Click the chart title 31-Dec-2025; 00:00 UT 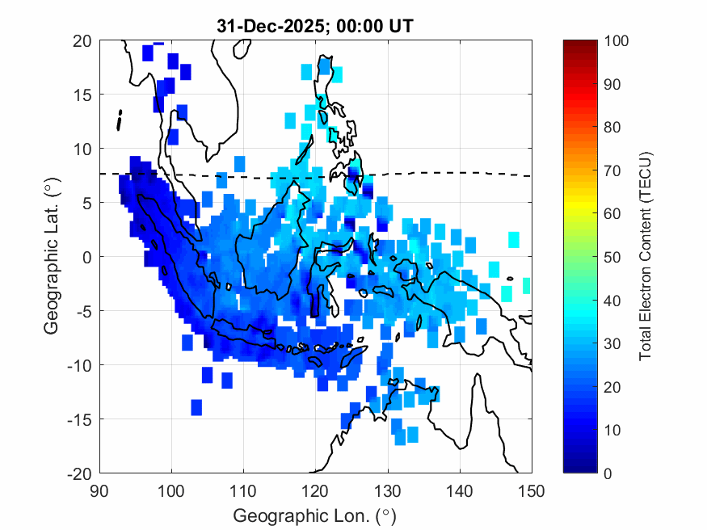(315, 26)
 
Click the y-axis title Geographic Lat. (52, 257)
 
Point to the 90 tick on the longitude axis (99, 490)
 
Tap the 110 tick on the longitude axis (243, 490)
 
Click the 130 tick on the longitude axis (388, 490)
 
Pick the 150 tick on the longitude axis (532, 490)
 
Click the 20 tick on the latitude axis (82, 40)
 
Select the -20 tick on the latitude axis (79, 473)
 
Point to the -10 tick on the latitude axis (79, 364)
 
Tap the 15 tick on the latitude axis (82, 95)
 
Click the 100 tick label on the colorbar (616, 40)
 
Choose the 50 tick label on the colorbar (612, 257)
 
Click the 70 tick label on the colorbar (612, 170)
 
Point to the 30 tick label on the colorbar (612, 343)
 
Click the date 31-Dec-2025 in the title (262, 26)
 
